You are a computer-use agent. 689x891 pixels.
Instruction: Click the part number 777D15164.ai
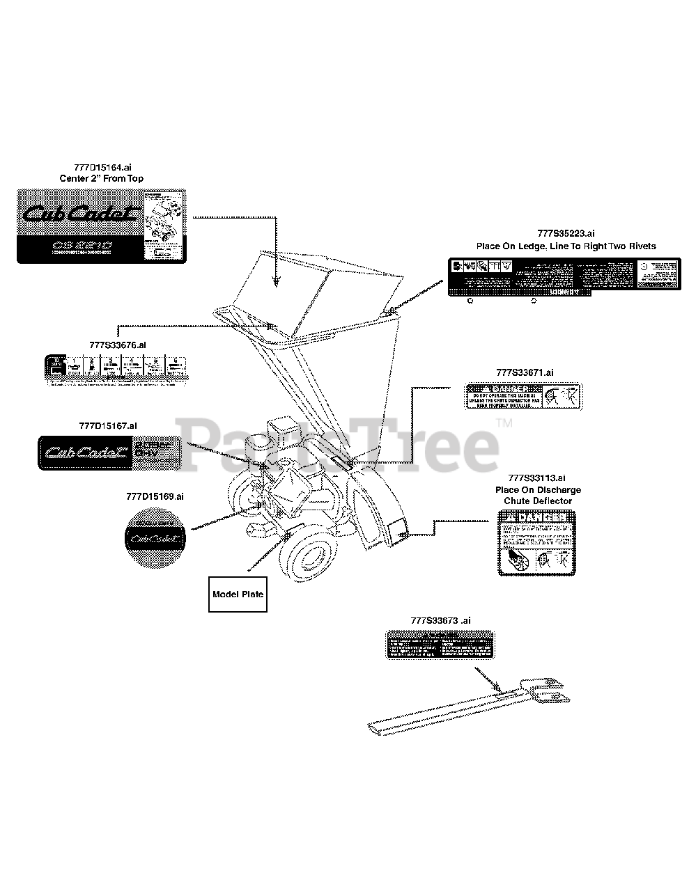[x=102, y=168]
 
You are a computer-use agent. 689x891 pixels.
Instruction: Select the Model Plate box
[x=238, y=594]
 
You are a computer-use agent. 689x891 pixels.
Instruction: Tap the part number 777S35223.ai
[x=566, y=234]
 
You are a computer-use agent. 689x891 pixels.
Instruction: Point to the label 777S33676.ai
[x=118, y=345]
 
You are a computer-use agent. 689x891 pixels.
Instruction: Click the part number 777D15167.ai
[x=108, y=425]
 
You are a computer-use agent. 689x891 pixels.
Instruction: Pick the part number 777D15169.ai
[x=155, y=496]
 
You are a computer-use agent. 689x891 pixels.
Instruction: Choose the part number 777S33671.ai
[x=522, y=373]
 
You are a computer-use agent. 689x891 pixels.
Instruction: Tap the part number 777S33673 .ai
[x=440, y=620]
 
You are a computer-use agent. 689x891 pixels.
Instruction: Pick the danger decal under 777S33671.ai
[x=522, y=397]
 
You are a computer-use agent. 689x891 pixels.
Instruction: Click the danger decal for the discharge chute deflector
[x=536, y=543]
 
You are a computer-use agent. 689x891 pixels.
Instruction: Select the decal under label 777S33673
[x=441, y=645]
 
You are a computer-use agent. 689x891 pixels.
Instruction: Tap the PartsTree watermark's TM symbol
[x=504, y=423]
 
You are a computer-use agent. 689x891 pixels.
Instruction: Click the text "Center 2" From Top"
[x=102, y=179]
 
